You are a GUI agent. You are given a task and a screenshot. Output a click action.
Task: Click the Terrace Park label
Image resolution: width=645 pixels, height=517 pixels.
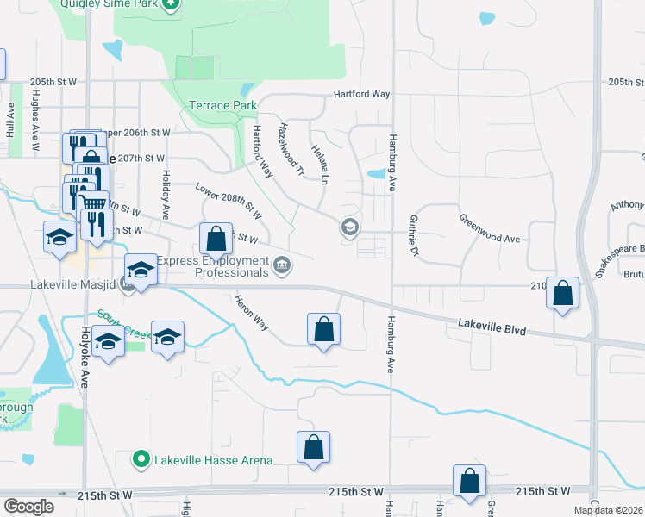tap(222, 105)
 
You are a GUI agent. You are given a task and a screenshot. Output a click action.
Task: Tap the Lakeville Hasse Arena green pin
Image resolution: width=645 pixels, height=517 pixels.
tap(141, 460)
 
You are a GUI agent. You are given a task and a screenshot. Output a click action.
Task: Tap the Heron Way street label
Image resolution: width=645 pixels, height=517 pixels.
tap(252, 313)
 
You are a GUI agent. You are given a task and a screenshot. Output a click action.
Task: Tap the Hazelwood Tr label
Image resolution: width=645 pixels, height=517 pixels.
tap(291, 149)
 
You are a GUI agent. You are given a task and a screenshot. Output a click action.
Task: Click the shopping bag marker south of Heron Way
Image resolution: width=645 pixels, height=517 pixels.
tap(323, 328)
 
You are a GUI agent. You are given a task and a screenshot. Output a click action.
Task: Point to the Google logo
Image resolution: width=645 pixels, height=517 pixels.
tap(28, 507)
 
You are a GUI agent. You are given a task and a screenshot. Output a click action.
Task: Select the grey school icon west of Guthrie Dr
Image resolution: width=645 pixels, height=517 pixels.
tap(350, 227)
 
